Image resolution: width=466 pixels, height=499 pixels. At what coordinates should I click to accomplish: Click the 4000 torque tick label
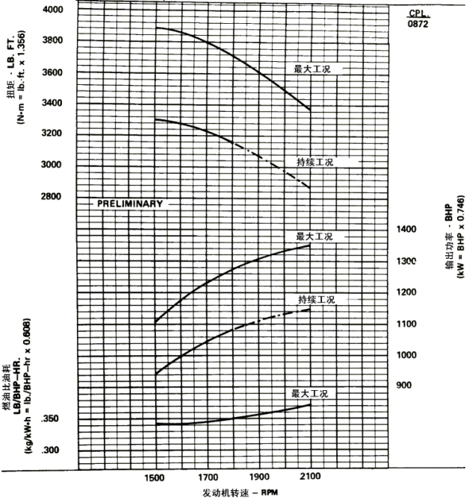coord(52,10)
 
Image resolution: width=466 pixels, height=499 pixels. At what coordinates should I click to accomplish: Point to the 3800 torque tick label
coord(52,40)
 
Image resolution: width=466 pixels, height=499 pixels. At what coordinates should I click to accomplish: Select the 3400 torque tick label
coord(52,103)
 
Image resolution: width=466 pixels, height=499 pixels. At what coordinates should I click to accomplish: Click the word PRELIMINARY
coord(129,203)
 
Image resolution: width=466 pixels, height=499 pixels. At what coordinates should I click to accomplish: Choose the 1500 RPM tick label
coord(155,477)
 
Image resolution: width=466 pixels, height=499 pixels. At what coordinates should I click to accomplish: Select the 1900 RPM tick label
coord(259,477)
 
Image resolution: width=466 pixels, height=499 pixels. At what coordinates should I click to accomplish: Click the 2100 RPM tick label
coord(310,477)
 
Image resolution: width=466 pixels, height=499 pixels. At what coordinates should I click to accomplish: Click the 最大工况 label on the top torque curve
coord(311,69)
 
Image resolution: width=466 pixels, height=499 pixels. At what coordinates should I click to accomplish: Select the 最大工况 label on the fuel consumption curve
coord(311,393)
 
